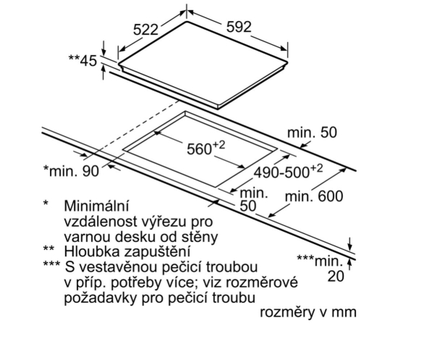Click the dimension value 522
coord(145,30)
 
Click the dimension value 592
coord(239,27)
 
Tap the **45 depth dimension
coord(82,60)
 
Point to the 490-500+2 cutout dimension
coord(288,172)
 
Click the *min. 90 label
coord(71,171)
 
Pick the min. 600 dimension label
coord(314,197)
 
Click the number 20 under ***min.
coord(336,276)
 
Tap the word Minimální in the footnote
coord(96,206)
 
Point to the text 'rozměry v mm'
coord(308,312)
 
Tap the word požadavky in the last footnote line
coord(101,298)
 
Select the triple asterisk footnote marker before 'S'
coord(51,264)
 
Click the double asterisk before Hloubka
coord(48,248)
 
